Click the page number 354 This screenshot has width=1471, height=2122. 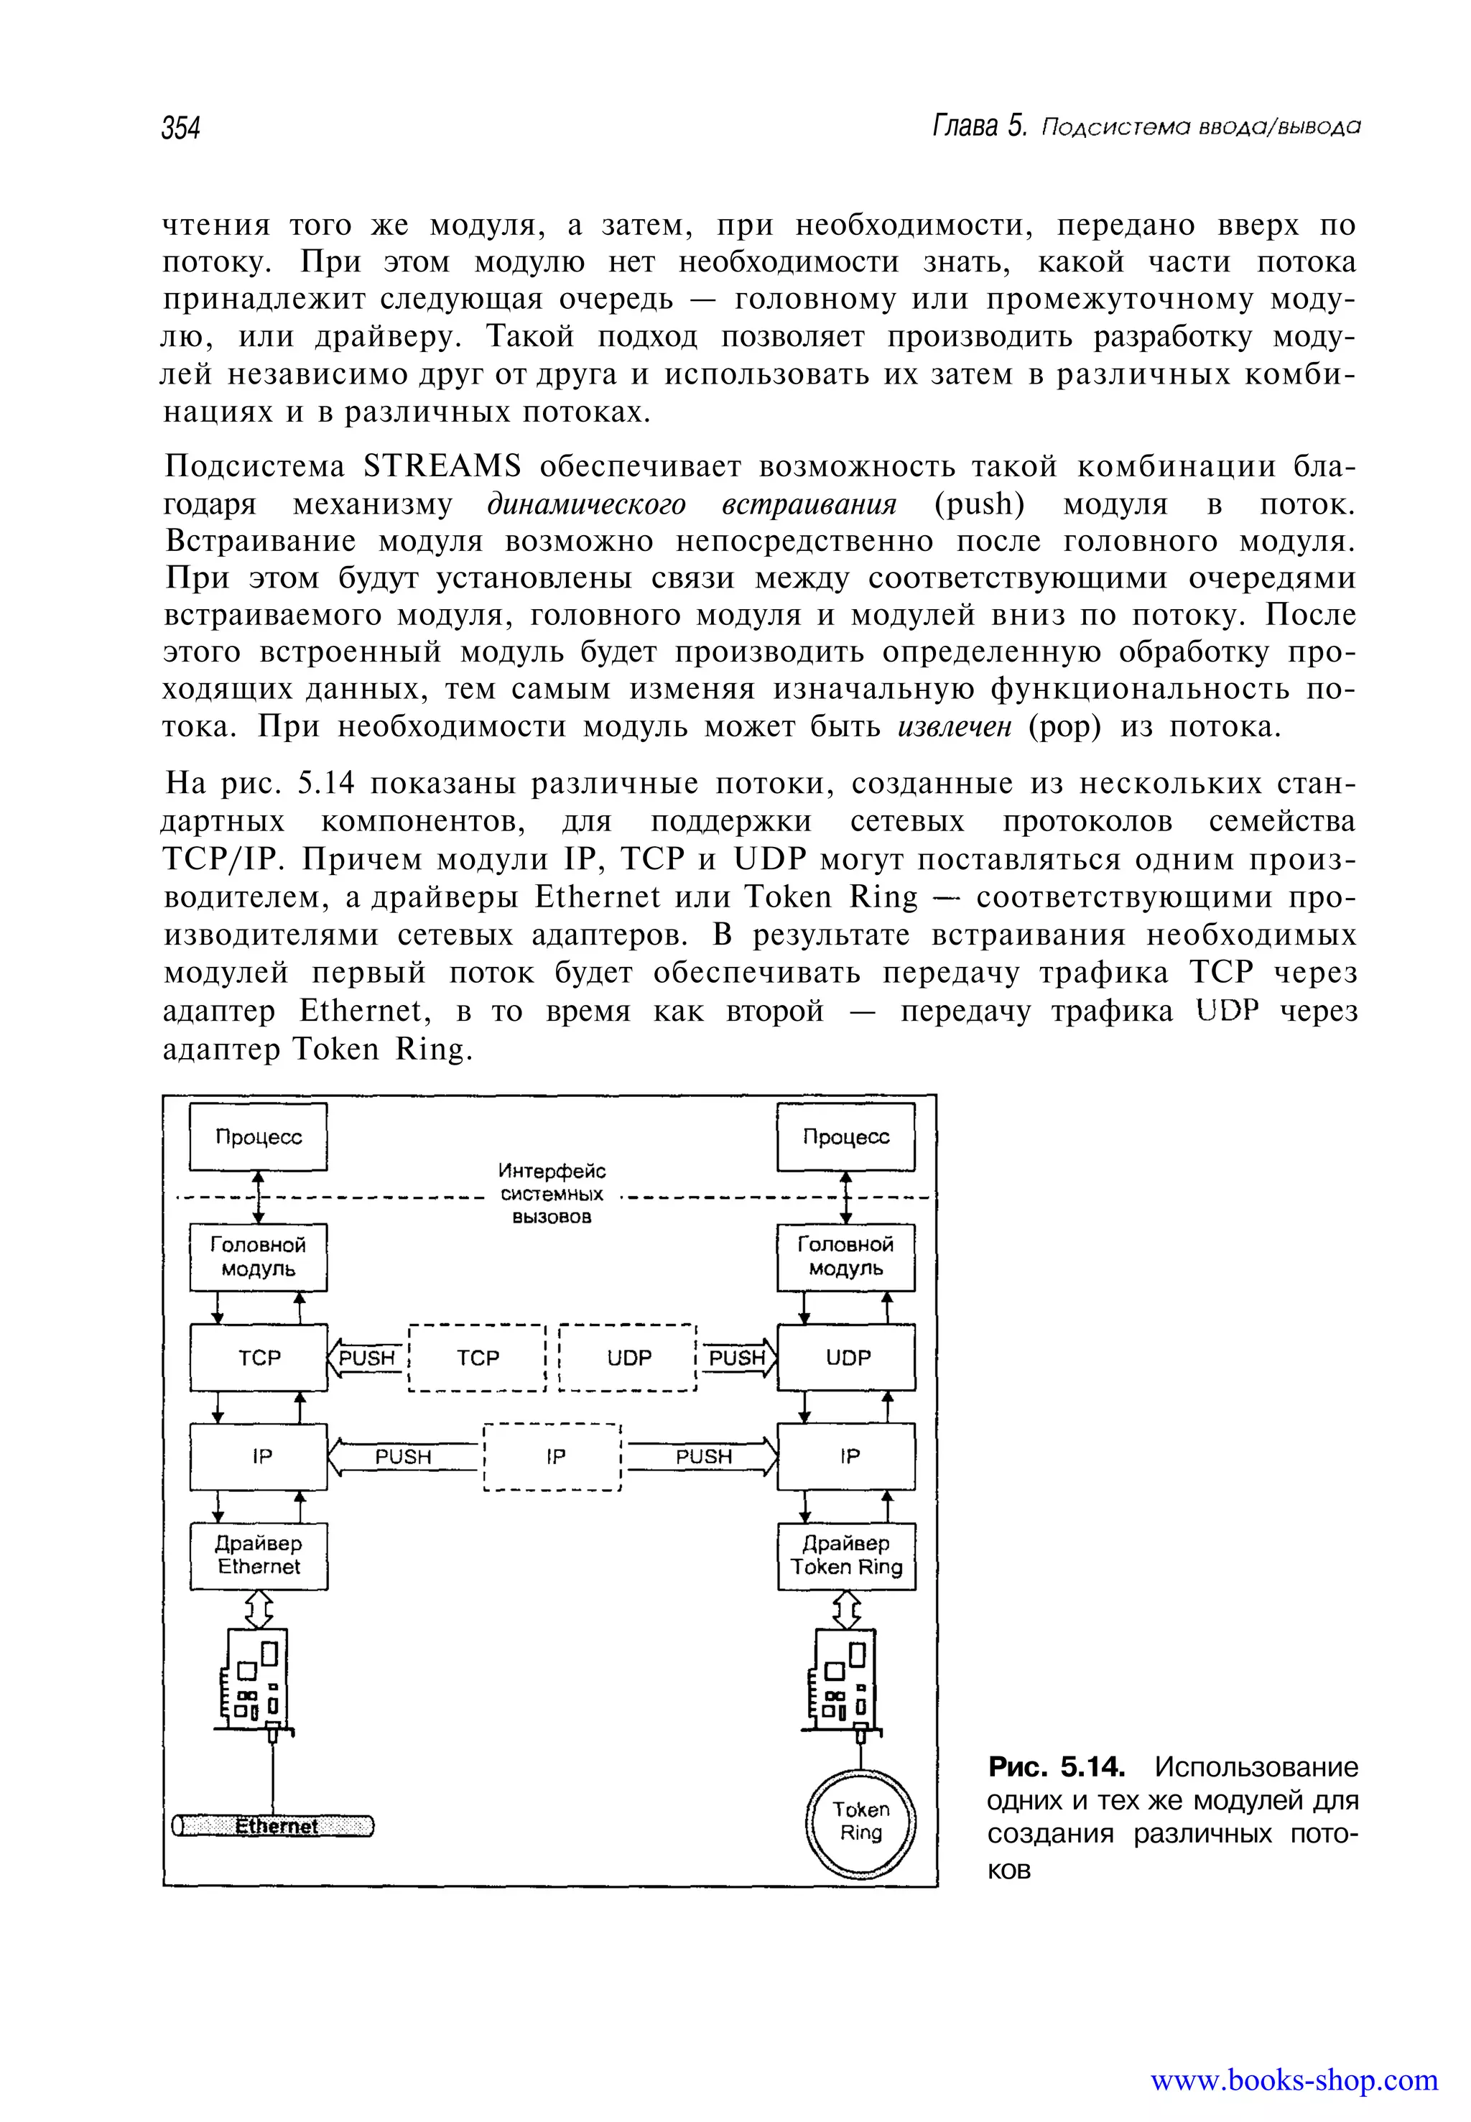coord(181,127)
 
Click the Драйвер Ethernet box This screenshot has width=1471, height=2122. coord(259,1556)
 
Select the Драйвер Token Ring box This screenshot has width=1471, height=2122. coord(846,1556)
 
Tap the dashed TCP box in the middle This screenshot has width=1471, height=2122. coord(478,1358)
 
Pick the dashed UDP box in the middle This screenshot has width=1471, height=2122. coord(628,1358)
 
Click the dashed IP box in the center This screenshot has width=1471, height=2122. coord(554,1457)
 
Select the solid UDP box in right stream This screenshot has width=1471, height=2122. coord(846,1358)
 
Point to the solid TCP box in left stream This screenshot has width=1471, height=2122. coord(259,1358)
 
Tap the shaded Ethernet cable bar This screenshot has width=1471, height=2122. coord(274,1826)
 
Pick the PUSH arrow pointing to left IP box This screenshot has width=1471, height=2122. coord(404,1457)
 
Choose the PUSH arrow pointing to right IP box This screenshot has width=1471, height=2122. coord(703,1457)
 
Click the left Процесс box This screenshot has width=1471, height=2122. coord(259,1136)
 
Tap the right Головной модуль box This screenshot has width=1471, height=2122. coord(846,1256)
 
